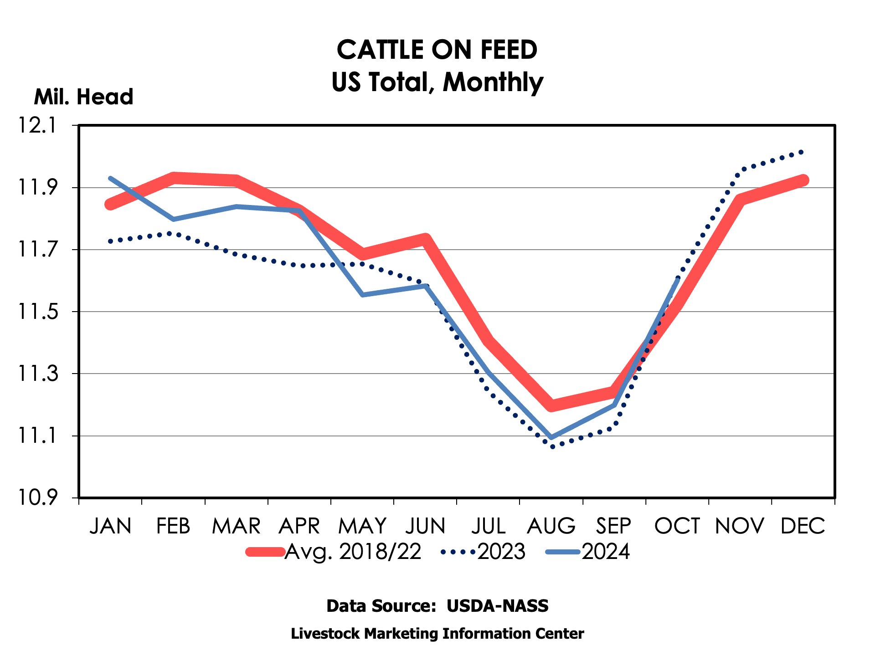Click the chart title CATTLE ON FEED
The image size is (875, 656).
point(437,50)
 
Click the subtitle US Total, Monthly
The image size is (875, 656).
point(437,82)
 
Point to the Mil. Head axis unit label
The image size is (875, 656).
point(83,97)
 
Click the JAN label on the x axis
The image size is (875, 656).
point(111,526)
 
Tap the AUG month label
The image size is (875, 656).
point(551,526)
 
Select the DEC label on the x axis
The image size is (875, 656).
point(803,526)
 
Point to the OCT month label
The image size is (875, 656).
point(677,526)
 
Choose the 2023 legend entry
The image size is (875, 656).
point(483,552)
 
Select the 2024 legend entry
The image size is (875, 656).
point(588,552)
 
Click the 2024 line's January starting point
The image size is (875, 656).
point(110,178)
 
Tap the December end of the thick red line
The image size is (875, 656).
point(803,180)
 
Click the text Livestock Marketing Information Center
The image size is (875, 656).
point(437,634)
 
